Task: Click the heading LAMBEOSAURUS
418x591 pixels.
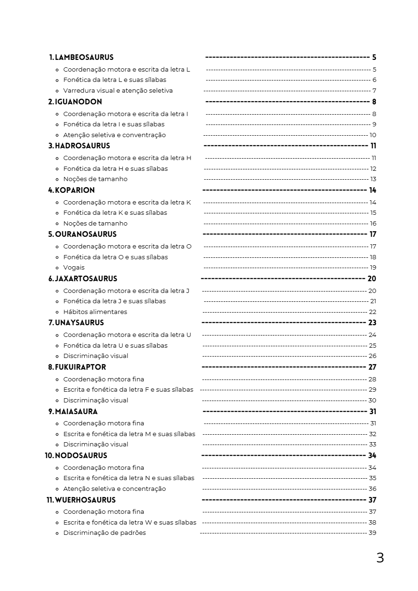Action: (x=84, y=58)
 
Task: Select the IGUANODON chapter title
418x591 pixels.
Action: (x=78, y=102)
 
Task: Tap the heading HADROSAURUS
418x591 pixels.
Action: (x=82, y=146)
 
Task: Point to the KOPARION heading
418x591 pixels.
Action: (x=75, y=190)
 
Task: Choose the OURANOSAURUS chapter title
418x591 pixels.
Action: (x=86, y=234)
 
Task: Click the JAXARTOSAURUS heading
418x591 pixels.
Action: (x=86, y=278)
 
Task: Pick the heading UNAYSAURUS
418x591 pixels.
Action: (x=80, y=322)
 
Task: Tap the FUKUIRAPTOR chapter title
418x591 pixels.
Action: (x=81, y=367)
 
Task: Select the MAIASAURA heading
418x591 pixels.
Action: (x=76, y=411)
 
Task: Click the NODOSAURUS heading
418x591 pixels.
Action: (x=81, y=455)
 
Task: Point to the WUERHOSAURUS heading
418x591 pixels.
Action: (x=85, y=500)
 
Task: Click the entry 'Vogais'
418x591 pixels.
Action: (x=74, y=268)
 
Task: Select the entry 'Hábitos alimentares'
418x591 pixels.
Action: (x=95, y=312)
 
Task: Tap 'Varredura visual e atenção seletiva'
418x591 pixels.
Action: (x=118, y=91)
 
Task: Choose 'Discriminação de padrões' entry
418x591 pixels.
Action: (x=104, y=533)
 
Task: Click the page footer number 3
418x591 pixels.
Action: (x=380, y=558)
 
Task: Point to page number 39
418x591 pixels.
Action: (x=373, y=533)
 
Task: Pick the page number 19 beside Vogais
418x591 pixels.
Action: (x=373, y=268)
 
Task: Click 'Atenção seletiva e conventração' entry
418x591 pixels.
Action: (x=114, y=135)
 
